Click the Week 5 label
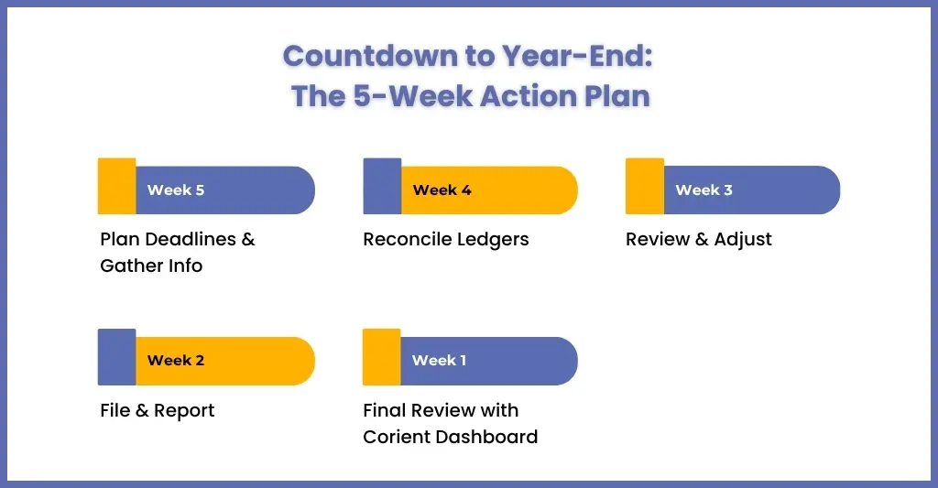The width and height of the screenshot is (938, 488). [x=176, y=190]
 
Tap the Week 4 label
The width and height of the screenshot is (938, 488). [x=442, y=190]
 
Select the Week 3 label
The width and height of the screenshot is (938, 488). [x=704, y=190]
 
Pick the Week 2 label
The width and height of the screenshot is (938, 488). [x=176, y=361]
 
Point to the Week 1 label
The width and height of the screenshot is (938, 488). [x=439, y=361]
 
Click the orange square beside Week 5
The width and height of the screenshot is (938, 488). [x=116, y=186]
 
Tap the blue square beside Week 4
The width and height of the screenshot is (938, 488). [x=382, y=186]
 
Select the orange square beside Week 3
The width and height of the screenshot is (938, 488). [x=645, y=186]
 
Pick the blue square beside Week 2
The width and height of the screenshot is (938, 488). [x=116, y=357]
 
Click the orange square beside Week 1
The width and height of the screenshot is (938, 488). [x=382, y=357]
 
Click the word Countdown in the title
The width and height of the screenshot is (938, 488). [x=370, y=56]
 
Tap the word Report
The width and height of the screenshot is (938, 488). [x=184, y=411]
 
